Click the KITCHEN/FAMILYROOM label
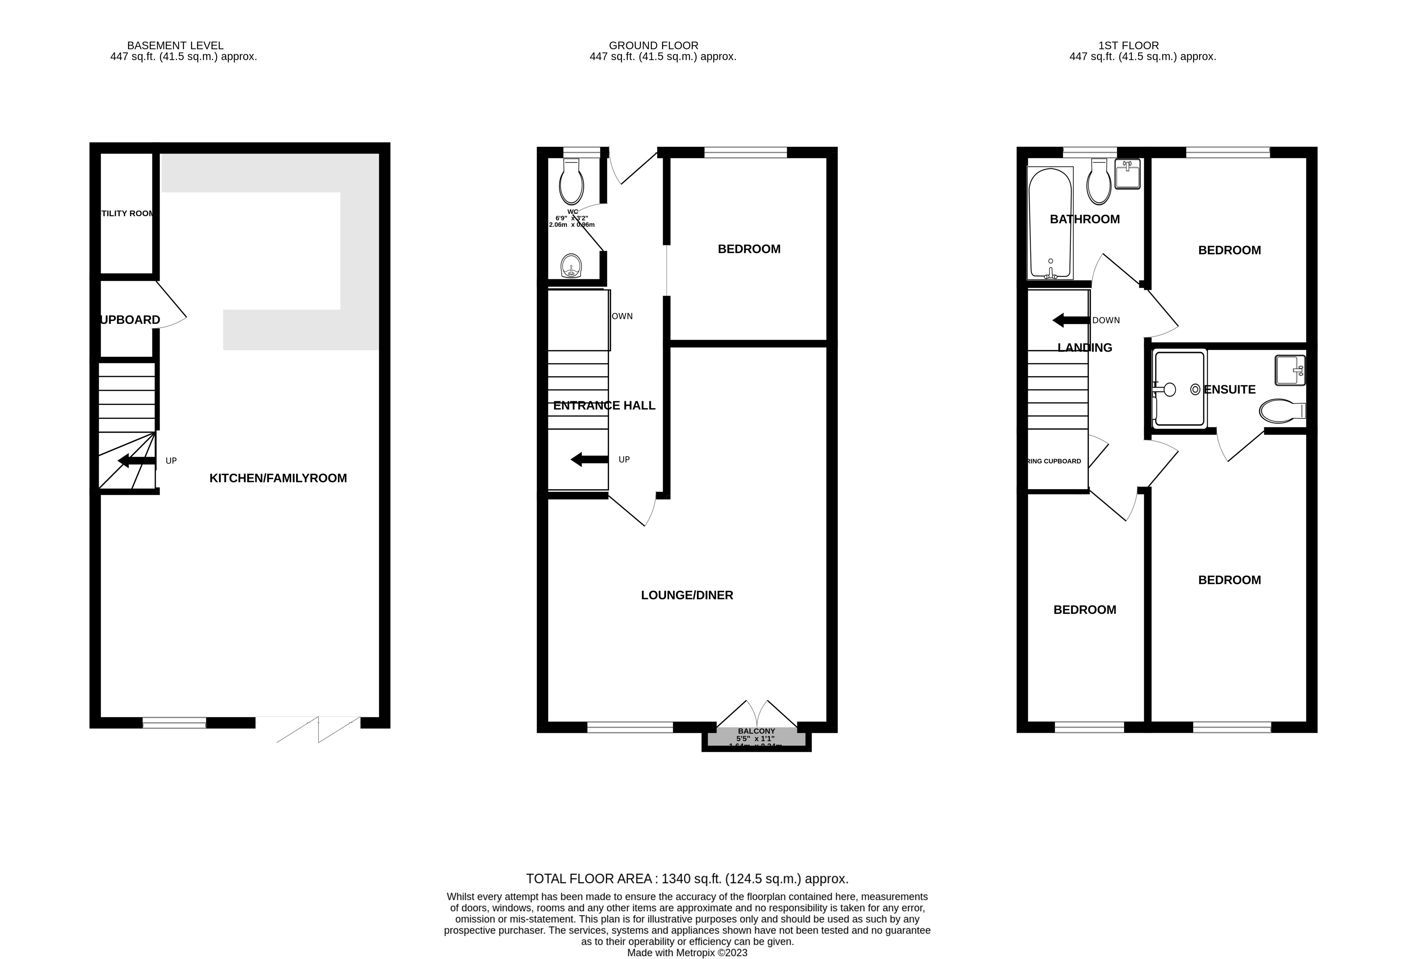(x=278, y=478)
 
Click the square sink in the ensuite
(x=1289, y=370)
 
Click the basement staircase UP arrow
(x=136, y=461)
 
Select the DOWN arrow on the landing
(x=1070, y=320)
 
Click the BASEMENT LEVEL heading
(x=175, y=45)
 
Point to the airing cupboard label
(x=1055, y=461)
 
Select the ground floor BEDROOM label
(x=749, y=249)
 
